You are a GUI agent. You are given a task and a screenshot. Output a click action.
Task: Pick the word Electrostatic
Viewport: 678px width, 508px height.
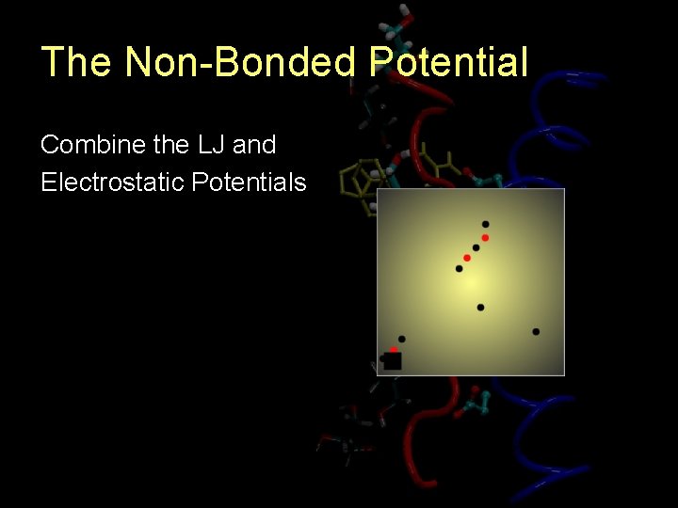(112, 182)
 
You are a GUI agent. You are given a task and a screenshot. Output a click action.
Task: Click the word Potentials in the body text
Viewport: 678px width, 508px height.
(249, 182)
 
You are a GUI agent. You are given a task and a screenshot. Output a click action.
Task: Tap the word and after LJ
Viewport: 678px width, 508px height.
(254, 145)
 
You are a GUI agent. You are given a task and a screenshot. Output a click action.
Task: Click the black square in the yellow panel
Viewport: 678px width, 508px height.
(393, 361)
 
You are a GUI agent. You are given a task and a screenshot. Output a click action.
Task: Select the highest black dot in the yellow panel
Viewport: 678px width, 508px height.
(485, 225)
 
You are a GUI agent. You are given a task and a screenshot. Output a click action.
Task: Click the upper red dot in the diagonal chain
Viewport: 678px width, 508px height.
(485, 238)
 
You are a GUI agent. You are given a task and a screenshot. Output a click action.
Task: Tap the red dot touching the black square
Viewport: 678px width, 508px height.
(394, 350)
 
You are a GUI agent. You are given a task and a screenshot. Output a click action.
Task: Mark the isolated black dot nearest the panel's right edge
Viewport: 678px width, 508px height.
(536, 331)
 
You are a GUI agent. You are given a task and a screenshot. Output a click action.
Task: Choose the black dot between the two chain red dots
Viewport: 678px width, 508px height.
(476, 248)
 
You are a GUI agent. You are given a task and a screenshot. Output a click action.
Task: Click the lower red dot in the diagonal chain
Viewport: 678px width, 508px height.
(467, 258)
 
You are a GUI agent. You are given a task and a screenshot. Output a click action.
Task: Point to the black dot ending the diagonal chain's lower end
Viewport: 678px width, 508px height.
(460, 269)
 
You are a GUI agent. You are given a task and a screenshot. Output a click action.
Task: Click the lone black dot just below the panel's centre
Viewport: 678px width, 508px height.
(480, 308)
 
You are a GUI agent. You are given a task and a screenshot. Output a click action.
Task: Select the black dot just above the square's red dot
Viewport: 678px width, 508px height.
(402, 339)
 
